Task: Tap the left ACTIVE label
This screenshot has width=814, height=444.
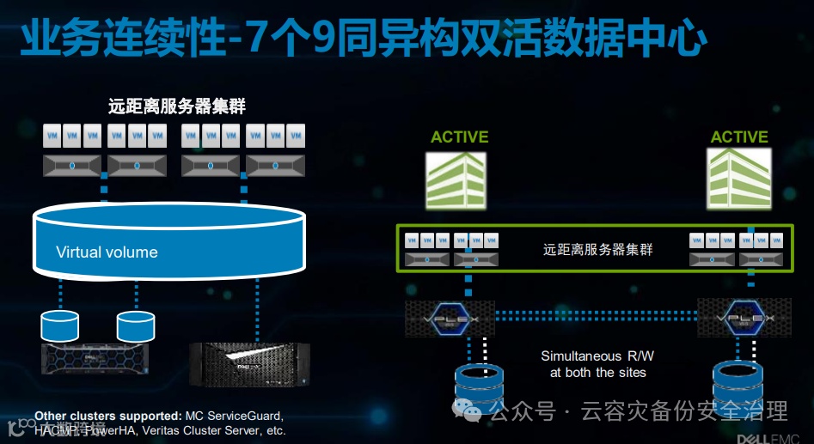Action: click(x=459, y=137)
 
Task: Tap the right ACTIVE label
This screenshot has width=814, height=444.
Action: click(x=739, y=137)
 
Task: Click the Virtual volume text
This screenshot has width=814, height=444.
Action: click(x=107, y=252)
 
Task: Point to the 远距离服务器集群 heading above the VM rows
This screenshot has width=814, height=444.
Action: click(x=177, y=107)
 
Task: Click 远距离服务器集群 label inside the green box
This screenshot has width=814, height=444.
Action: click(x=598, y=250)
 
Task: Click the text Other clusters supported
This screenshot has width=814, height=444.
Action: click(x=107, y=415)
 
